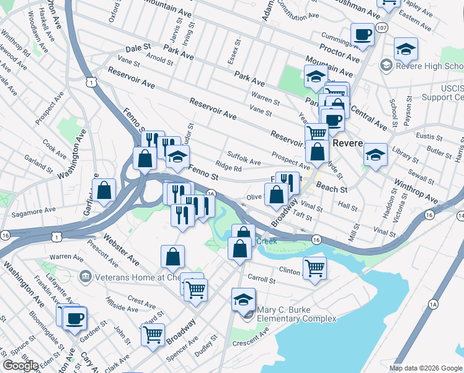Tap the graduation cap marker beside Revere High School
(406, 48)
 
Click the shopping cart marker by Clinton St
(315, 269)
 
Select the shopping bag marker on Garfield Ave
(105, 190)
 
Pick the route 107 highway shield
(382, 29)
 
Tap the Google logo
(20, 366)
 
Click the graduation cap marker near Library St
(375, 154)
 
